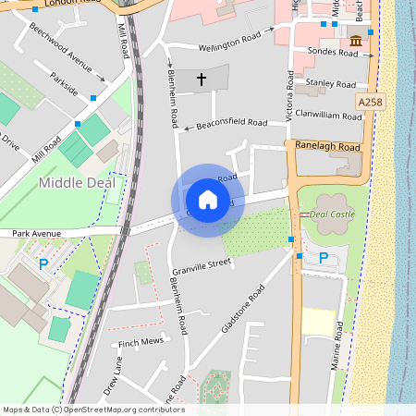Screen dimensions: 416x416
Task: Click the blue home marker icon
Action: (x=207, y=200)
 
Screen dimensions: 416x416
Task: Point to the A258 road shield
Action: (x=368, y=101)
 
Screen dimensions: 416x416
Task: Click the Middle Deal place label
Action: (x=77, y=183)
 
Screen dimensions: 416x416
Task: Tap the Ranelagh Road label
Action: (x=327, y=146)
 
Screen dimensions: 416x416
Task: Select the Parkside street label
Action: (x=65, y=84)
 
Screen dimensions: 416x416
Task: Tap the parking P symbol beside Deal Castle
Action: (x=323, y=258)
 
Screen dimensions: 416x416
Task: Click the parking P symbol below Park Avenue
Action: (x=43, y=264)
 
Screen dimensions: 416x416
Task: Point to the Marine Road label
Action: (x=338, y=356)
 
